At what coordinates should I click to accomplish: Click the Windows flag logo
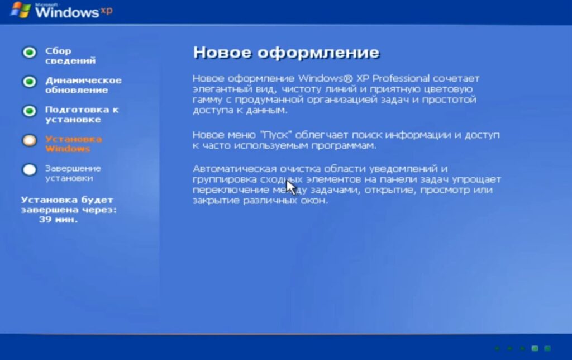click(21, 10)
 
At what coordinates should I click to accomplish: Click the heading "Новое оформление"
click(287, 53)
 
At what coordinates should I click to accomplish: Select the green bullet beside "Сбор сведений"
click(30, 52)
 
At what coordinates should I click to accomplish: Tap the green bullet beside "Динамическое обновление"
click(30, 82)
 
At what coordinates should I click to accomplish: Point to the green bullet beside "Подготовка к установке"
click(30, 111)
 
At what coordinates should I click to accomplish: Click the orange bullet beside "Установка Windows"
click(30, 140)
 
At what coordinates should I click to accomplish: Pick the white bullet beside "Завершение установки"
click(30, 169)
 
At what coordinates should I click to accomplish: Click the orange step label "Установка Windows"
click(73, 144)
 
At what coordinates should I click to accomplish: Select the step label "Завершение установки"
click(73, 173)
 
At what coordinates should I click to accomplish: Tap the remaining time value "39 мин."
click(58, 220)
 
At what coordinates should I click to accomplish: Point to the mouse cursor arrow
click(291, 188)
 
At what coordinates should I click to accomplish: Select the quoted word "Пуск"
click(276, 135)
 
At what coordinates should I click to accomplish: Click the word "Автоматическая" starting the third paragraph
click(235, 169)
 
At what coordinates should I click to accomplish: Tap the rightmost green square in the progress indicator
click(547, 348)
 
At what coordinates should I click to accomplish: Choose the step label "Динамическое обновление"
click(83, 85)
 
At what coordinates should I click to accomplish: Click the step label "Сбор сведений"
click(70, 55)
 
